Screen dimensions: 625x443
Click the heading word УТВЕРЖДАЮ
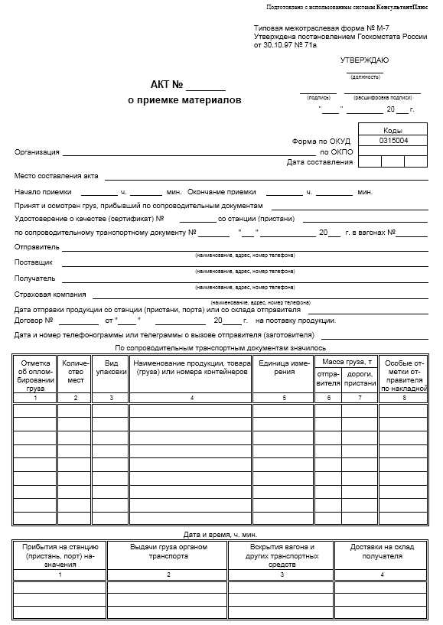364,60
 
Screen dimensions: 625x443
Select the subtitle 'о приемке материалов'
184,100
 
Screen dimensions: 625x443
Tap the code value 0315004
393,141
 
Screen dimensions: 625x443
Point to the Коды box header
393,130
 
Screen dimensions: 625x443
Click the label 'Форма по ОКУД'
321,142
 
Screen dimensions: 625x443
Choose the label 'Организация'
37,152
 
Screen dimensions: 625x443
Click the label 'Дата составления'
319,162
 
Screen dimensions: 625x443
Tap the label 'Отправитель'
37,247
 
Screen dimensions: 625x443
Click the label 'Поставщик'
35,262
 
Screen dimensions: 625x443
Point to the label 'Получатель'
36,278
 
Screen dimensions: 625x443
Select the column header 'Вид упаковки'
111,366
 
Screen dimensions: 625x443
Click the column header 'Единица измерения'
284,366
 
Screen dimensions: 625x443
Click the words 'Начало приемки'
43,191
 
